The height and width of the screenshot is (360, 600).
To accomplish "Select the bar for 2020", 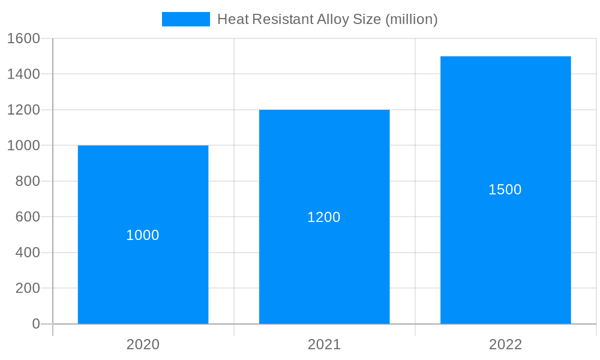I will coord(143,270).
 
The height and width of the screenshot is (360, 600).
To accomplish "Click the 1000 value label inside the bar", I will coord(143,235).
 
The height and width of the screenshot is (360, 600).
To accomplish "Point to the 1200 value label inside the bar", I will coord(324,217).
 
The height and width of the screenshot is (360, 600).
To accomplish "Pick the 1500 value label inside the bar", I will coord(505,190).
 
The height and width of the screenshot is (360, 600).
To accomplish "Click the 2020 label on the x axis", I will coord(143,344).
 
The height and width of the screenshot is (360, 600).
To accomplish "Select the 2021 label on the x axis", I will coord(324,344).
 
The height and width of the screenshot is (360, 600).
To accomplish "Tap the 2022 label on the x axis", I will coord(505,344).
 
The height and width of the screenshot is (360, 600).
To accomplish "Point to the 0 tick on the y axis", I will coord(35,324).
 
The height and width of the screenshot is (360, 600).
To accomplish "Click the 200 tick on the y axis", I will coord(27,288).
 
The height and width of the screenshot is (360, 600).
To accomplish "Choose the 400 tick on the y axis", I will coord(27,253).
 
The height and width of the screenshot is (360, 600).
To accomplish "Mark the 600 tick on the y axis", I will coord(27,217).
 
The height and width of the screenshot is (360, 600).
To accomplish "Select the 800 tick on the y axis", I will coord(27,181).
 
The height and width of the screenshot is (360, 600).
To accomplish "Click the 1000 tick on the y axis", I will coord(23,145).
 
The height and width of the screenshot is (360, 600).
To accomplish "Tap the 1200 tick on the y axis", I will coord(23,110).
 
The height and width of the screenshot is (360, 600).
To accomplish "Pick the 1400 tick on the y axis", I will coord(23,74).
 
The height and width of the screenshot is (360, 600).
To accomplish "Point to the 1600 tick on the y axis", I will coord(23,38).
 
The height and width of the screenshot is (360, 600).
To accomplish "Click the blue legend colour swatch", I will coord(186,19).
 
